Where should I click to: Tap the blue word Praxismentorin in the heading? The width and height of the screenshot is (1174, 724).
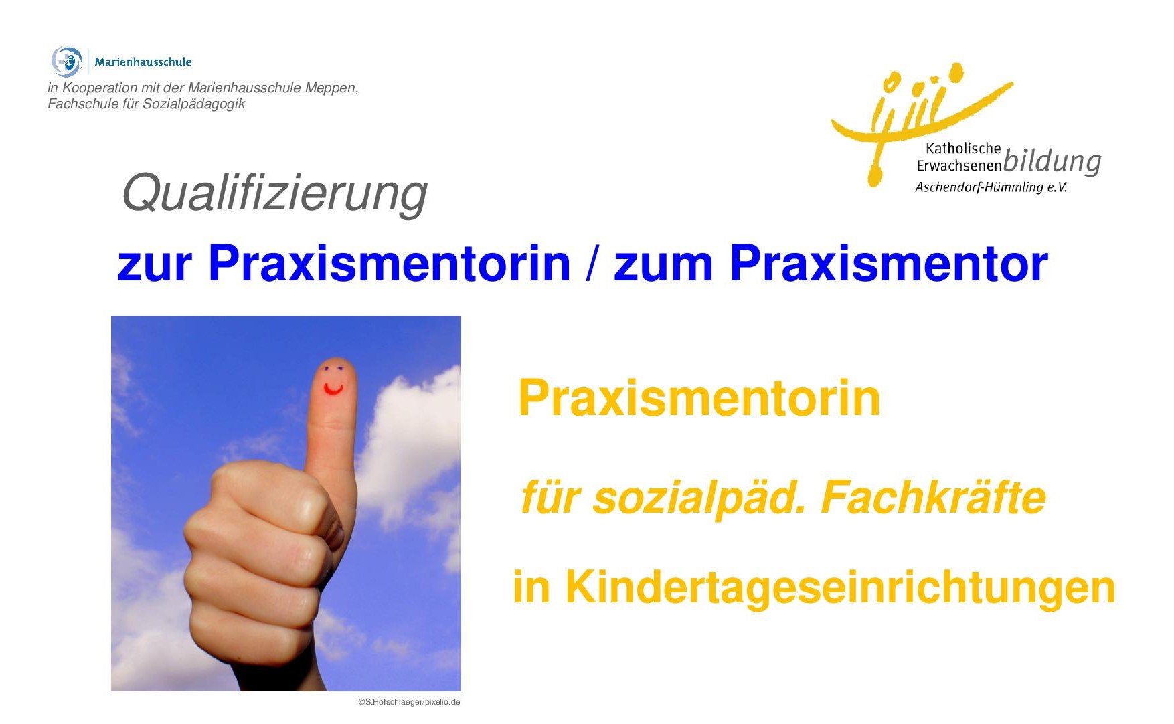point(389,264)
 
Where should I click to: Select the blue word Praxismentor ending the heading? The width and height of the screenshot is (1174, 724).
point(889,264)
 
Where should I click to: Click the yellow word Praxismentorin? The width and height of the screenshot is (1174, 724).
point(699,398)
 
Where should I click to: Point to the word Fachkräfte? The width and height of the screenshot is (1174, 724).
point(933,498)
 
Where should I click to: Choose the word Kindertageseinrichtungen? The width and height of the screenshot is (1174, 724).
point(841,587)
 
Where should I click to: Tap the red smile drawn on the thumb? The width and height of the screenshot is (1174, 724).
point(333,389)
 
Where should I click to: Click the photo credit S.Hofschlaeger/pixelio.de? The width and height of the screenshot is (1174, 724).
point(409,702)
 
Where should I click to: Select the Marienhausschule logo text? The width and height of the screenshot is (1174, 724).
point(143,62)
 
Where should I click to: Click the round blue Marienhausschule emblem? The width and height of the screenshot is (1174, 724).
point(67,62)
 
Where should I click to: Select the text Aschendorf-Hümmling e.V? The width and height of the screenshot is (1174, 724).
point(991,187)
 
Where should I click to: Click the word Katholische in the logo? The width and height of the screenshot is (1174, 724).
point(963,149)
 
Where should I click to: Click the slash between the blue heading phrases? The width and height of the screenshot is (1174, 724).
point(591,264)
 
